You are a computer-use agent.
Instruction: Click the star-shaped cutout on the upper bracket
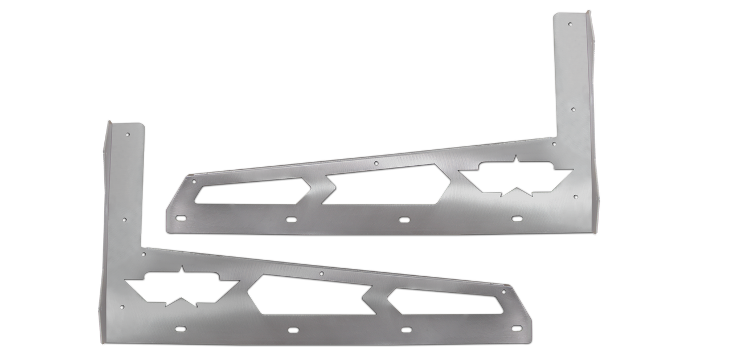(516, 176)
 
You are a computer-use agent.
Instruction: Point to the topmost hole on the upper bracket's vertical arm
(571, 24)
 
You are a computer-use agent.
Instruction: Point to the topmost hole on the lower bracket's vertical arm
(128, 134)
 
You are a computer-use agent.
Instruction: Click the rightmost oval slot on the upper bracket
(517, 218)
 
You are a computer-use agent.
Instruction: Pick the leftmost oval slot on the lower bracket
(181, 329)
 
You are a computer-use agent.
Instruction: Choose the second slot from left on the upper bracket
(290, 219)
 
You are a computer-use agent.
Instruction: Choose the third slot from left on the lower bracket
(406, 329)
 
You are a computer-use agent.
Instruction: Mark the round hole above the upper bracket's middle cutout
(376, 163)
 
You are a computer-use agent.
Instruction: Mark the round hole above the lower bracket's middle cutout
(322, 274)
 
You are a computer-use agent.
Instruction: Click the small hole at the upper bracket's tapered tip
(194, 181)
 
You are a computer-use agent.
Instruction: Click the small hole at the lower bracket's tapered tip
(503, 291)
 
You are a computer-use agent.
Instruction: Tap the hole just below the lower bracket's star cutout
(122, 308)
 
